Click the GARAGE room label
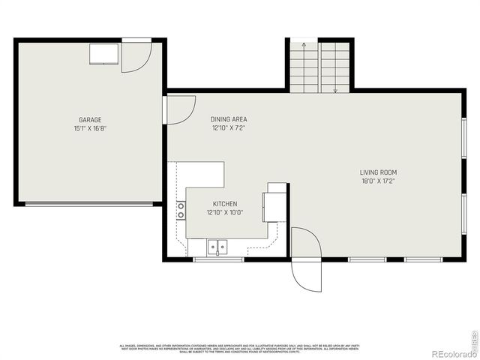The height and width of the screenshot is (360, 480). point(90,120)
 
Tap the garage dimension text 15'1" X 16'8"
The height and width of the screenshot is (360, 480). point(90,128)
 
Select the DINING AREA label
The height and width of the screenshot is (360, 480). point(229,119)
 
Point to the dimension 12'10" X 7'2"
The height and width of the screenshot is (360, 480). point(229,127)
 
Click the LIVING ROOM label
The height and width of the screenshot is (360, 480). point(378,172)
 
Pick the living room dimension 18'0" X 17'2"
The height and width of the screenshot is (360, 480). point(378,181)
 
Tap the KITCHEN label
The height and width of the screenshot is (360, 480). point(225,204)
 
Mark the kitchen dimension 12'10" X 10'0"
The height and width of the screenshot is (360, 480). point(225,213)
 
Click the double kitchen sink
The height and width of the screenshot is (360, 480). point(218,245)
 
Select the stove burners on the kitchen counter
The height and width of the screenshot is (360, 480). point(181,210)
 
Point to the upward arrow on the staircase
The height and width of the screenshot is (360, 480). point(304,46)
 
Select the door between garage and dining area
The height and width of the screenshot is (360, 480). point(178,109)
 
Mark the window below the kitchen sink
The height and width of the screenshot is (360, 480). point(218,259)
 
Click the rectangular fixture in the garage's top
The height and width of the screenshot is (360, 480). point(103,53)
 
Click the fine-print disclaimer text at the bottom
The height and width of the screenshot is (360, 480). point(240,348)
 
